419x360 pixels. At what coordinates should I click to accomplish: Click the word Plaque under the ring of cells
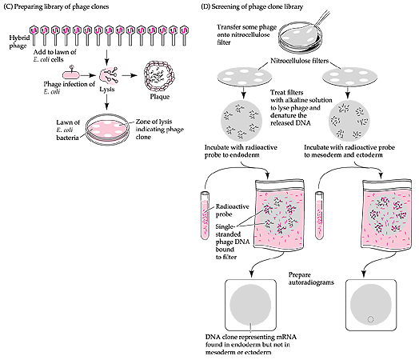[160, 97]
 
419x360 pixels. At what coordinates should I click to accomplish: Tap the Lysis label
[107, 90]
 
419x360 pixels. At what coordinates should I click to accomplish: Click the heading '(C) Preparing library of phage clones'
[56, 6]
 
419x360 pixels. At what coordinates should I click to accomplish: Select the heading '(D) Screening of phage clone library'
[252, 6]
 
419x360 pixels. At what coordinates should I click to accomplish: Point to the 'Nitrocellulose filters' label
[299, 61]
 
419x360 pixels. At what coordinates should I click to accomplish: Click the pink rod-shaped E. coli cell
[71, 75]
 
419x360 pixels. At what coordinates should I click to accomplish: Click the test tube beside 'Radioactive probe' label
[206, 215]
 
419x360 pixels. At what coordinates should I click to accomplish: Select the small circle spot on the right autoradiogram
[371, 319]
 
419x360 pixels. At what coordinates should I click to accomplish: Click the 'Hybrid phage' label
[18, 42]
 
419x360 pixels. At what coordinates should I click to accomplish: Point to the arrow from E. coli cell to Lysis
[88, 76]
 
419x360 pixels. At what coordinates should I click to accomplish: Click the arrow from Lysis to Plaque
[129, 76]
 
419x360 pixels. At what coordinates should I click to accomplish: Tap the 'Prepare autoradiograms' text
[311, 278]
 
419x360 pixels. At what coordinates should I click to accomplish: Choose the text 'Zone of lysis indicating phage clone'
[159, 129]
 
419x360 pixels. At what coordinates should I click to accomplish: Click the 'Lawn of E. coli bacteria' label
[68, 130]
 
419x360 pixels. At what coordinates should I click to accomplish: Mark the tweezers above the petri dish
[322, 18]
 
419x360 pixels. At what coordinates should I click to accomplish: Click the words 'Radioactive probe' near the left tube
[232, 210]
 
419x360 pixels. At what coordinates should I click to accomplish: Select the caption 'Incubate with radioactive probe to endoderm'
[241, 151]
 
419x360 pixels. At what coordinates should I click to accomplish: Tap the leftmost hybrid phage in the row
[34, 35]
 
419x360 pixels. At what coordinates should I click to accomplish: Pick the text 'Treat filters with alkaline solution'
[301, 96]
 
